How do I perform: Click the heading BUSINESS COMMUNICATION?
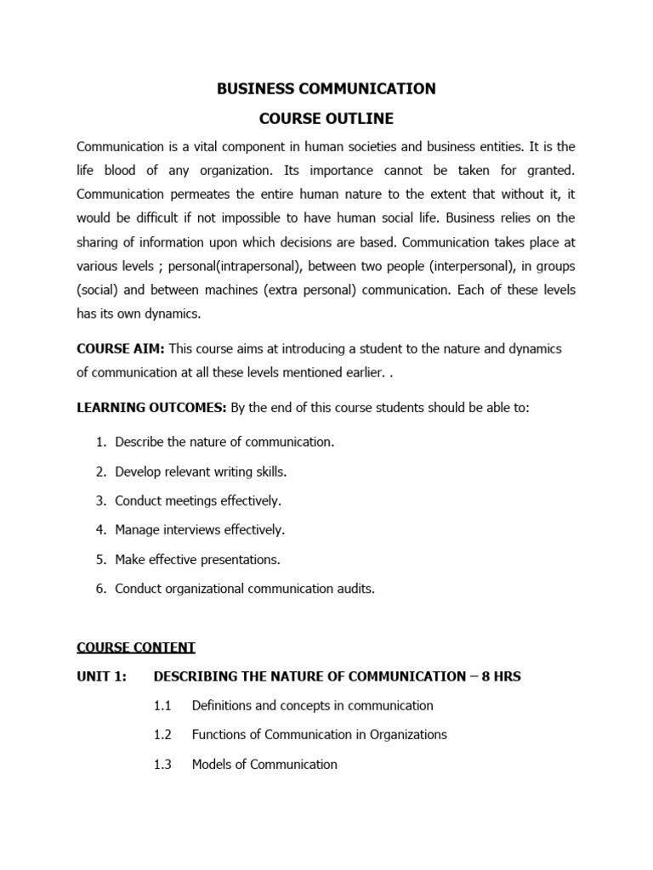coord(326,89)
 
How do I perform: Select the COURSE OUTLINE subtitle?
coord(326,118)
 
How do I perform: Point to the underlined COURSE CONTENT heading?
coord(136,647)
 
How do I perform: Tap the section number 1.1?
coord(162,705)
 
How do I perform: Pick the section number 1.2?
coord(162,734)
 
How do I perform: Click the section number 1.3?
coord(162,764)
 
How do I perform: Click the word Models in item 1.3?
coord(212,764)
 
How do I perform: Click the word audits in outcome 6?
coord(356,589)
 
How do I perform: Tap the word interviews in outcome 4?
coord(192,530)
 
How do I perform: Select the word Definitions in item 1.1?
coord(223,705)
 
